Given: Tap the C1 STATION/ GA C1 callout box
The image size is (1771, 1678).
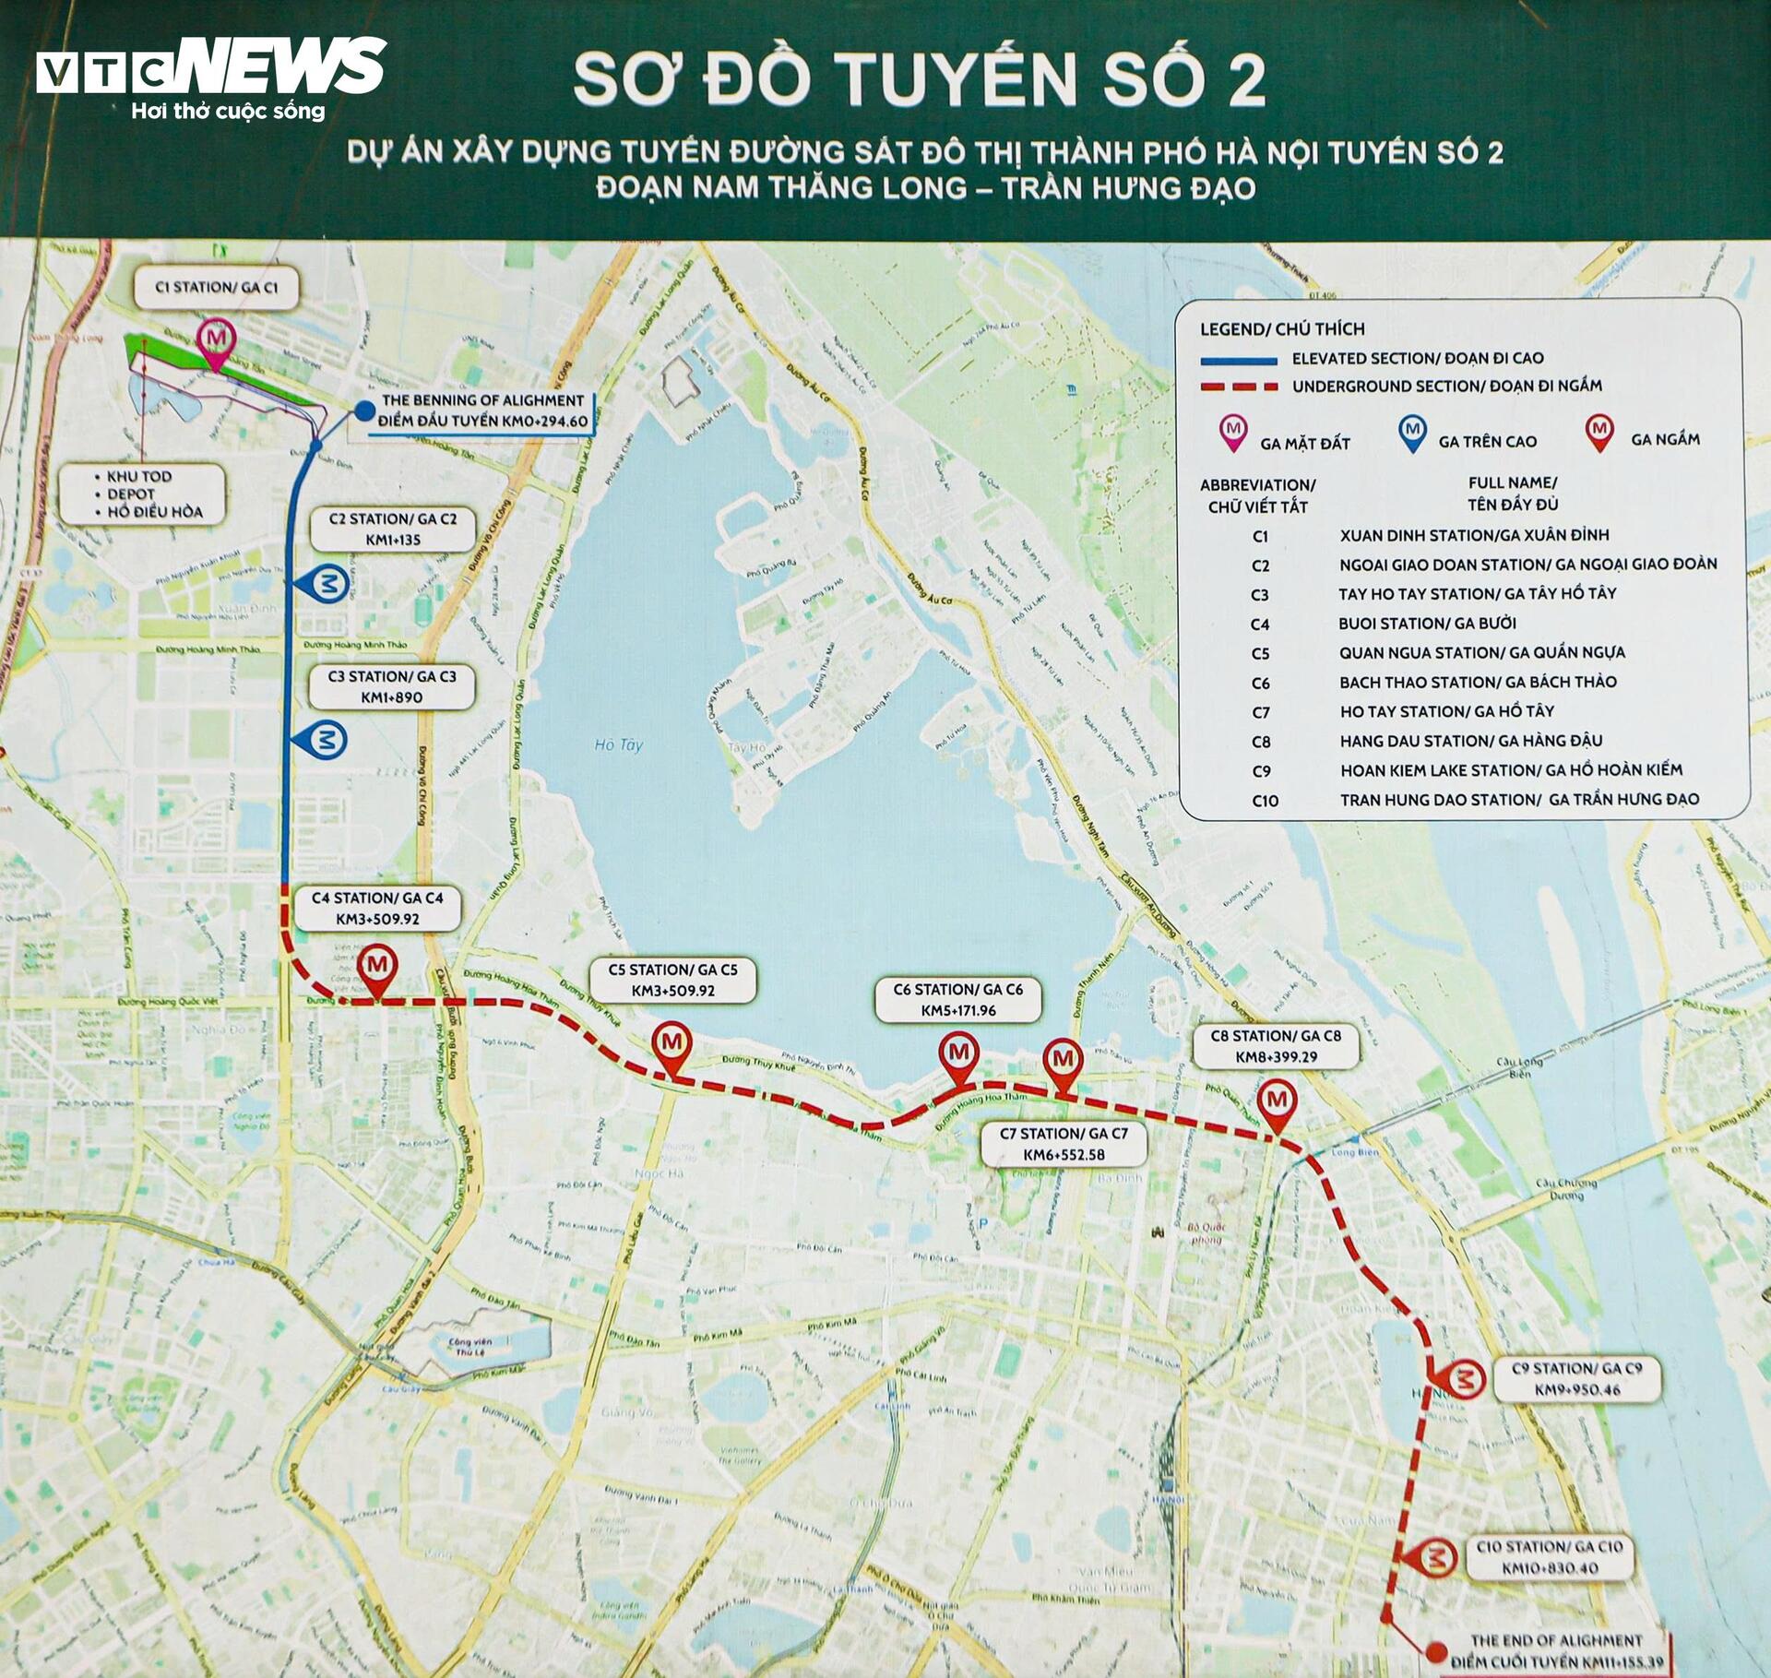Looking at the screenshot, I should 216,288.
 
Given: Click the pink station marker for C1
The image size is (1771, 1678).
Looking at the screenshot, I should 217,338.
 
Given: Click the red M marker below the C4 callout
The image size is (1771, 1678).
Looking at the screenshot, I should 377,965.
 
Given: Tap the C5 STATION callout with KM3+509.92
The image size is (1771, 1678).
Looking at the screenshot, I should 672,981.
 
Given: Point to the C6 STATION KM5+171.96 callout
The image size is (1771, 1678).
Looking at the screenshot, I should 957,1000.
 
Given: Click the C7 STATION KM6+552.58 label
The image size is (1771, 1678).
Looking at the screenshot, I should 1064,1144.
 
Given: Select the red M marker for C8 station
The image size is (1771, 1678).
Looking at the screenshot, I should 1278,1101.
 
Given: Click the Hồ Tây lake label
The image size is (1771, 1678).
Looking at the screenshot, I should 618,744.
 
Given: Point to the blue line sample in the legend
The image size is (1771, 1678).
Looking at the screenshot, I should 1238,360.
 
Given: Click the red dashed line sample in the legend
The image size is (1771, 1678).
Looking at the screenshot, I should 1238,387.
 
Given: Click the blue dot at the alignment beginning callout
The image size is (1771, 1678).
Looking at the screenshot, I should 365,411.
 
